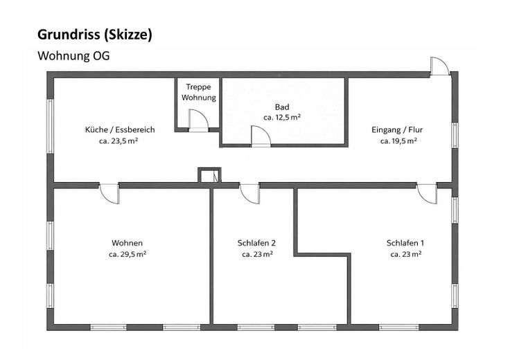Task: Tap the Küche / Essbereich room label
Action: tap(120, 129)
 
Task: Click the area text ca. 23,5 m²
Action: tap(120, 141)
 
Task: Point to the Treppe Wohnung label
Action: tap(199, 92)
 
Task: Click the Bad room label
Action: tap(281, 107)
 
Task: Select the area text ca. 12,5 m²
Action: tap(281, 118)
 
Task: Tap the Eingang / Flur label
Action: tap(398, 129)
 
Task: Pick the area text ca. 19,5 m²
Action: tap(398, 141)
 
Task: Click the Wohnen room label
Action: tap(127, 243)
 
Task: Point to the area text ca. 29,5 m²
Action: tap(127, 254)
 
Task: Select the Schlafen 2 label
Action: tap(256, 243)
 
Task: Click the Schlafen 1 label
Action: tap(405, 243)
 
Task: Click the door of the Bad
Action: tap(261, 137)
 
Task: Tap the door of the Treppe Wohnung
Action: tap(198, 121)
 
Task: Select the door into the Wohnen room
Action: tap(109, 193)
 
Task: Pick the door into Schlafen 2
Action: tap(249, 194)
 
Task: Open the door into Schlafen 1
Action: tap(426, 194)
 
